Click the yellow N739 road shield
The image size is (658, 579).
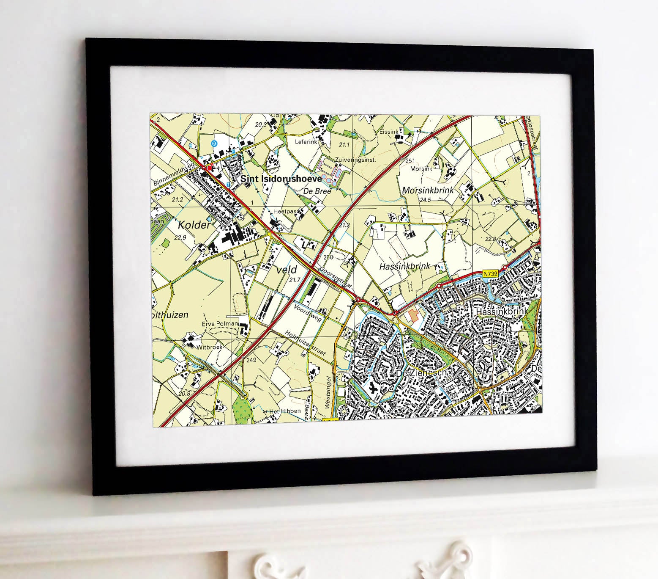pos(490,274)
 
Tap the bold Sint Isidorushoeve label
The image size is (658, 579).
pos(281,179)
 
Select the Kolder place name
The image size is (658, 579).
pos(194,225)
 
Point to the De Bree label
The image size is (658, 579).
pos(318,191)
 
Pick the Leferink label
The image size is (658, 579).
pos(306,142)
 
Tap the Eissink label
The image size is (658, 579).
pos(389,132)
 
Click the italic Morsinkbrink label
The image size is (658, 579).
pos(428,190)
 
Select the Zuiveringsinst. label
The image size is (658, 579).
pos(355,160)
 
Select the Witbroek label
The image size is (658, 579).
pos(209,347)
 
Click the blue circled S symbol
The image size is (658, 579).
pos(214,143)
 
